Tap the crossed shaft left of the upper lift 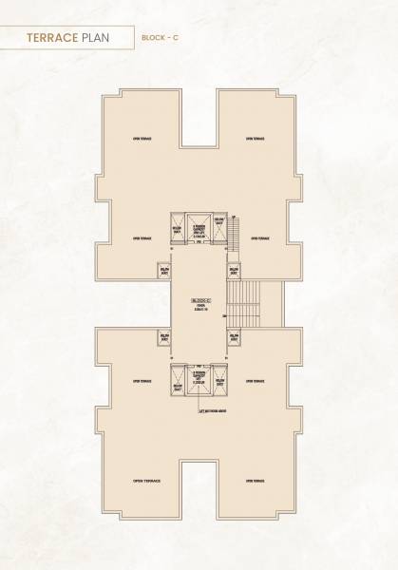[x=178, y=231]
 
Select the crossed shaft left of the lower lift [x=178, y=383]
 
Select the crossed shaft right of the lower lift [x=219, y=383]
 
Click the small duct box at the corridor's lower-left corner [x=165, y=337]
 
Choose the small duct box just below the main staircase [x=233, y=337]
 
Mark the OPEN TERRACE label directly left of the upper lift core [x=142, y=238]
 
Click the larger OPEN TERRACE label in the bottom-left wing [x=146, y=482]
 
